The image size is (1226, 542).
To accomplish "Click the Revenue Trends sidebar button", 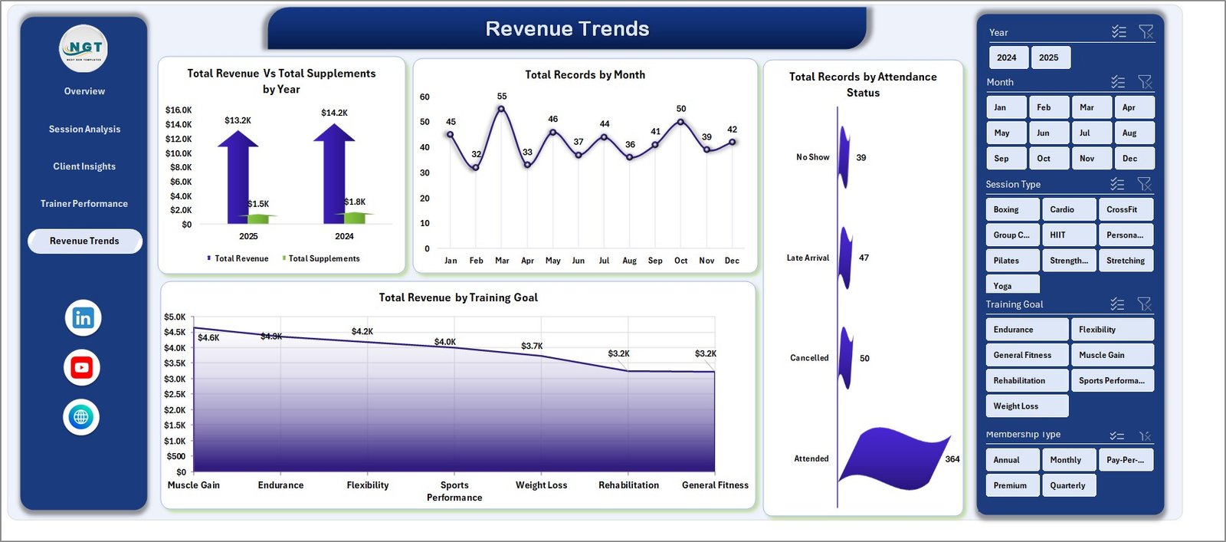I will pos(84,241).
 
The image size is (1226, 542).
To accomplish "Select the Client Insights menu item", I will pos(84,166).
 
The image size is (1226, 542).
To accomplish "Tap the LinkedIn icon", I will pos(83,317).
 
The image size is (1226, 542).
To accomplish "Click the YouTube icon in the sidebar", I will pos(82,367).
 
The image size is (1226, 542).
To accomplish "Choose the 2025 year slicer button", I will pos(1048,57).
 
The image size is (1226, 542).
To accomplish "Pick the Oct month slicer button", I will pos(1044,159).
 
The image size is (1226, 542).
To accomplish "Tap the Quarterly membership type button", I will pos(1067,485).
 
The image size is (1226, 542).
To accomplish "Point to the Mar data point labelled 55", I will pos(501,109).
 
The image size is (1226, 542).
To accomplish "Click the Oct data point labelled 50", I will pos(680,122).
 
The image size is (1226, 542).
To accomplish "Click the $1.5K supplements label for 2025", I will pos(259,204).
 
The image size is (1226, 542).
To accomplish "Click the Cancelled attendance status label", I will pos(809,358).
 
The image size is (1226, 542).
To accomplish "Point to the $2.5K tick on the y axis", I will pos(175,394).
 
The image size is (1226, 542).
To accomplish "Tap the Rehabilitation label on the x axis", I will pos(628,485).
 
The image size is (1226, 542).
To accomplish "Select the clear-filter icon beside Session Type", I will pos(1144,184).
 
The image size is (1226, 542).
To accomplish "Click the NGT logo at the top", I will pos(84,48).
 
